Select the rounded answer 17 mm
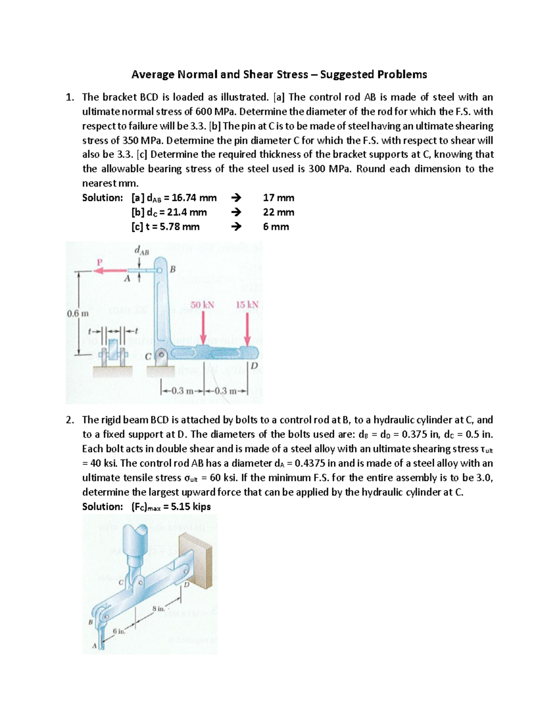point(278,198)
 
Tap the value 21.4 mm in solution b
point(189,212)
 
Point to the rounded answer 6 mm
point(276,227)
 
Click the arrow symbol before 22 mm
point(237,212)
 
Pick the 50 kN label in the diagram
point(202,305)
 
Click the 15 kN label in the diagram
point(247,305)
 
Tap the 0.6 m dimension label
point(77,313)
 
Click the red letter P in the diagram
point(99,262)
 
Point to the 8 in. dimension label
point(158,609)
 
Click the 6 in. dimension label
point(119,631)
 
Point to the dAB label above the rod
point(141,251)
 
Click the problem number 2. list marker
point(69,420)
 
